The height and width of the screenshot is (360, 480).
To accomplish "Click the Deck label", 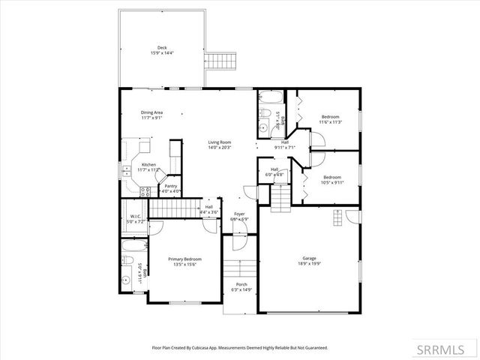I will (162, 46).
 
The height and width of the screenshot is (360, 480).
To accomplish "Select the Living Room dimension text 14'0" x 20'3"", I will (220, 148).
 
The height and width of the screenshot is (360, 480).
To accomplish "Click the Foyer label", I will (239, 214).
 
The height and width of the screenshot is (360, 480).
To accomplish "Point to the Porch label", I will (241, 284).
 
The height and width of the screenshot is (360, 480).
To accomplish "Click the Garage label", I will (309, 258).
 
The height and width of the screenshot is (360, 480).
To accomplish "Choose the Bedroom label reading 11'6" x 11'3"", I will (331, 117).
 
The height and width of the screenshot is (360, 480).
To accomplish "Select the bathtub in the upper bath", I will (269, 97).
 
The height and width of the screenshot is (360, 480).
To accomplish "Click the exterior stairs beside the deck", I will (220, 60).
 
